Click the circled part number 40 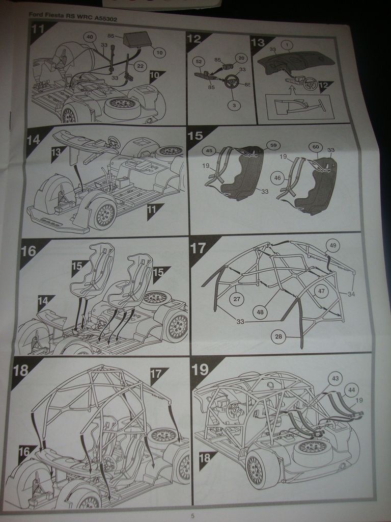pyautogui.click(x=90, y=37)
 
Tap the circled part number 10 pyautogui.click(x=159, y=53)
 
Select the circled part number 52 pyautogui.click(x=199, y=62)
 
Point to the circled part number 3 pyautogui.click(x=234, y=105)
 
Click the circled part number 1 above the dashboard pyautogui.click(x=287, y=45)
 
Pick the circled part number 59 pyautogui.click(x=273, y=145)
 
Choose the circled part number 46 pyautogui.click(x=277, y=178)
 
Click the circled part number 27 pyautogui.click(x=236, y=299)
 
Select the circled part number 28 pyautogui.click(x=278, y=336)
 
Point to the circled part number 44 pyautogui.click(x=351, y=390)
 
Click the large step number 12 pyautogui.click(x=194, y=39)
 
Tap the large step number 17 pyautogui.click(x=198, y=248)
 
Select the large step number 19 pyautogui.click(x=200, y=370)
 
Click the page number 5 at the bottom pyautogui.click(x=192, y=516)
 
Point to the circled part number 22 pyautogui.click(x=141, y=66)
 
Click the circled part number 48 pyautogui.click(x=260, y=312)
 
